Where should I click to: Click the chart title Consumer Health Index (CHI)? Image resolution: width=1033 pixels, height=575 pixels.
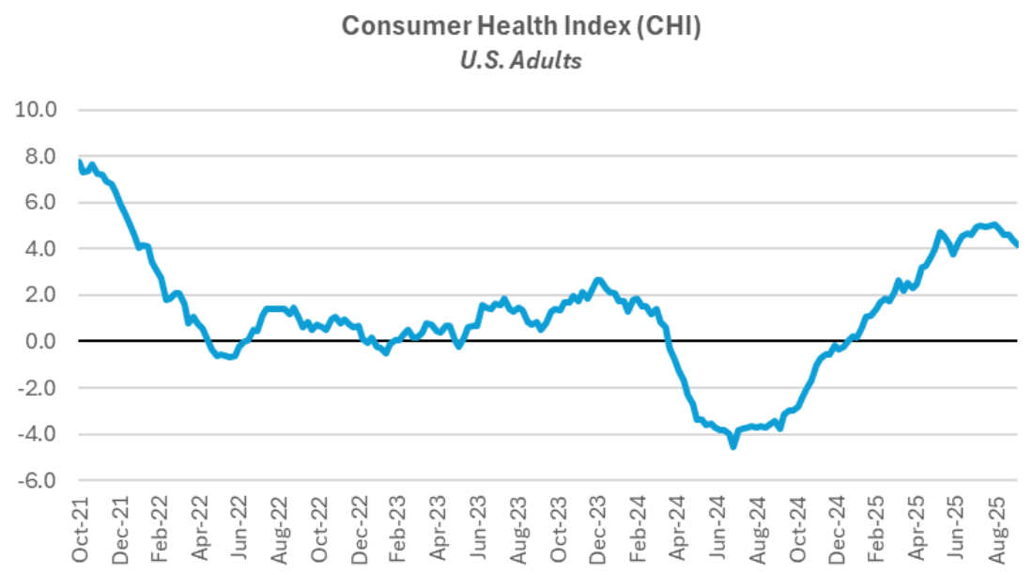pyautogui.click(x=521, y=25)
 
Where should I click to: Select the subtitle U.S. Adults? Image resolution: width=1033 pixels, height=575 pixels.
pyautogui.click(x=521, y=60)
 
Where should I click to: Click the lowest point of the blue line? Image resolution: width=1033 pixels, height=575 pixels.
pyautogui.click(x=732, y=445)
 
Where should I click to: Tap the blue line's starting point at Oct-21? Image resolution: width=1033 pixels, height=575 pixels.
pyautogui.click(x=81, y=163)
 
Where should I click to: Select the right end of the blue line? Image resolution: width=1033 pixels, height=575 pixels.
pyautogui.click(x=1018, y=245)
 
